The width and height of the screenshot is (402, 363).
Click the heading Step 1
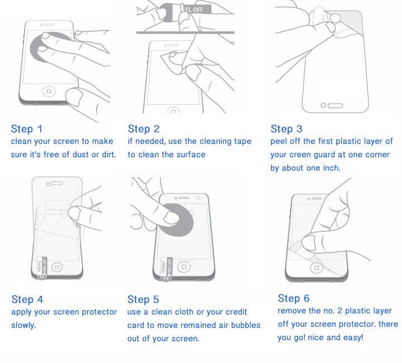(x=26, y=129)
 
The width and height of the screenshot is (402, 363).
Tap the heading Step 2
(x=144, y=129)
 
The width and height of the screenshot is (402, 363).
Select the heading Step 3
(x=287, y=129)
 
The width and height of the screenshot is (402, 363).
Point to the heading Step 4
(x=27, y=299)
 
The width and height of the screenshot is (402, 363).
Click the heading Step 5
(x=143, y=299)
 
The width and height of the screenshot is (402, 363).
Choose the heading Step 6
(x=293, y=298)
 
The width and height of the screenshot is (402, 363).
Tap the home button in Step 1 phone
(x=49, y=91)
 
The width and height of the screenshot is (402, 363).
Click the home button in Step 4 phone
(x=57, y=267)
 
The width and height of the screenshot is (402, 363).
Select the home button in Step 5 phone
(x=183, y=267)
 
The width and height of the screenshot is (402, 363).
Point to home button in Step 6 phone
(x=316, y=268)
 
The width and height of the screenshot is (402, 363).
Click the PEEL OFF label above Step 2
(x=195, y=9)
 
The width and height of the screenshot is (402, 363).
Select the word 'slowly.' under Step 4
(x=23, y=325)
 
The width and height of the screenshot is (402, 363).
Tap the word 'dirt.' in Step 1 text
(x=109, y=154)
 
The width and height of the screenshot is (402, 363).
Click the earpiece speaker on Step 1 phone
(x=49, y=25)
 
